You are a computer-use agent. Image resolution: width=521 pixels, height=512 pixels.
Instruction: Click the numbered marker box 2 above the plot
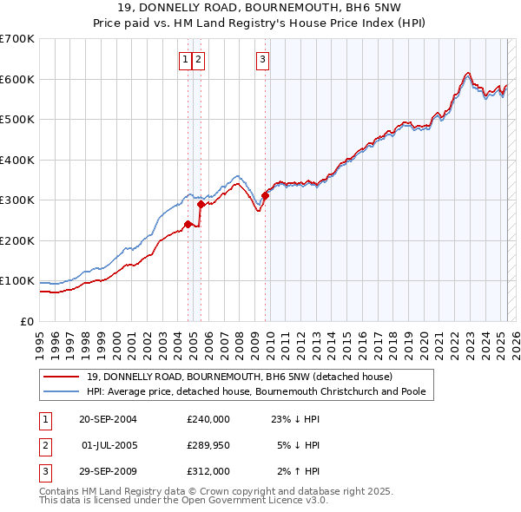(199, 60)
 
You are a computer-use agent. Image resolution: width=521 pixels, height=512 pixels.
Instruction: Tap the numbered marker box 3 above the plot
(262, 60)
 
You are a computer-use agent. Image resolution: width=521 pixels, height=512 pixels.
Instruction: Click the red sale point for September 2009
(266, 195)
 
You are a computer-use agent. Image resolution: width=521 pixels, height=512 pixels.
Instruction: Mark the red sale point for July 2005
(201, 205)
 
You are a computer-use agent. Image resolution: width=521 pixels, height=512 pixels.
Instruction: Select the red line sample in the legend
(62, 377)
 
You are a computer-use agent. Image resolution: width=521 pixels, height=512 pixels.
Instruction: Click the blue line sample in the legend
(62, 391)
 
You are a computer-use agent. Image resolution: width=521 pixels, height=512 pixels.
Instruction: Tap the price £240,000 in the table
(208, 419)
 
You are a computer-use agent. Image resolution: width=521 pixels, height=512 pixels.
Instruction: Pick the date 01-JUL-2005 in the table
(109, 445)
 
